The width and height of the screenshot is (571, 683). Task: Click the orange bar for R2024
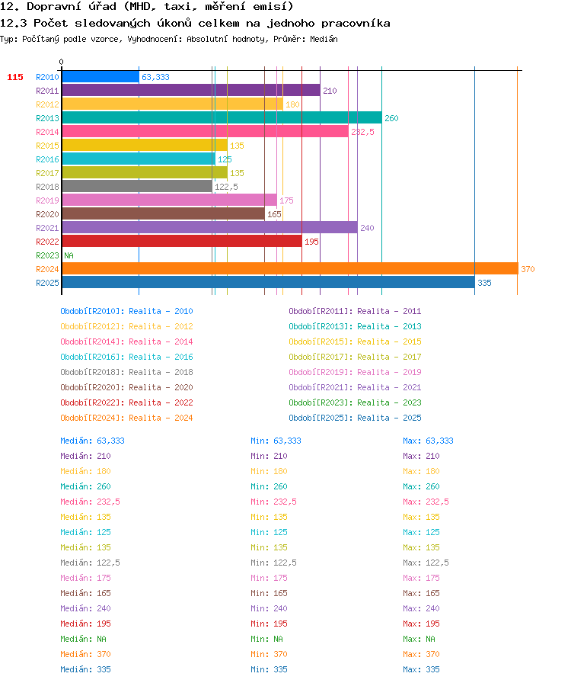(x=290, y=269)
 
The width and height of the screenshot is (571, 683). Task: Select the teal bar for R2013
(x=222, y=117)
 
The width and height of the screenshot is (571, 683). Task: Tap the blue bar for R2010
(x=100, y=77)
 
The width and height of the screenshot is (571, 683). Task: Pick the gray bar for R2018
(x=137, y=187)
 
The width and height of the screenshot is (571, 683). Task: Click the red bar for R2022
(x=182, y=242)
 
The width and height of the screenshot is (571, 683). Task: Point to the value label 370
(x=528, y=269)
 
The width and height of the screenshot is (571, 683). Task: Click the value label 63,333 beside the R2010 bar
(x=155, y=77)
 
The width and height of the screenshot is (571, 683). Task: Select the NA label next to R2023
(x=69, y=255)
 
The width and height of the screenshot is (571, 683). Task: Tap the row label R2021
(x=47, y=228)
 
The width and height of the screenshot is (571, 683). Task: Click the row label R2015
(x=47, y=146)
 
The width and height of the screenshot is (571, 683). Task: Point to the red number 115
(x=15, y=77)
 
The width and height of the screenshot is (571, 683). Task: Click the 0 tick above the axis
(x=62, y=62)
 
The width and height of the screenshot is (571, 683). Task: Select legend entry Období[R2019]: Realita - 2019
(x=355, y=372)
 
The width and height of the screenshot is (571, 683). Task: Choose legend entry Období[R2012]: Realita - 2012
(x=126, y=326)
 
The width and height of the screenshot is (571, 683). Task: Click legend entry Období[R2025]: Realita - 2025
(x=355, y=418)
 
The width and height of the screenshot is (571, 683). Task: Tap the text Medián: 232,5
(x=90, y=502)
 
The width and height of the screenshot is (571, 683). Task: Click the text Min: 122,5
(x=274, y=563)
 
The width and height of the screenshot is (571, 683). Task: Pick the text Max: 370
(x=421, y=654)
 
